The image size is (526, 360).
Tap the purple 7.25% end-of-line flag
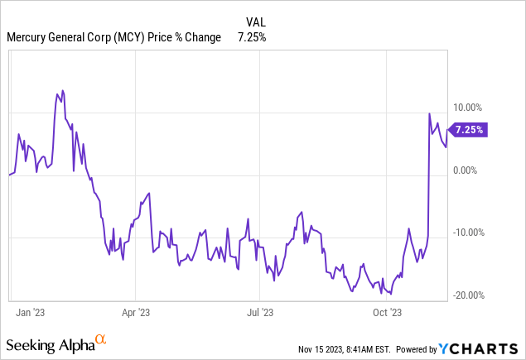tap(469, 129)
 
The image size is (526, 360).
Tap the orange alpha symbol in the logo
tap(100, 340)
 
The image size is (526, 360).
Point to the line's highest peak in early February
tap(63, 90)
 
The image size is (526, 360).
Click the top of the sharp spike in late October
tap(429, 113)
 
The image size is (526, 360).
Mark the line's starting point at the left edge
tap(9, 175)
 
